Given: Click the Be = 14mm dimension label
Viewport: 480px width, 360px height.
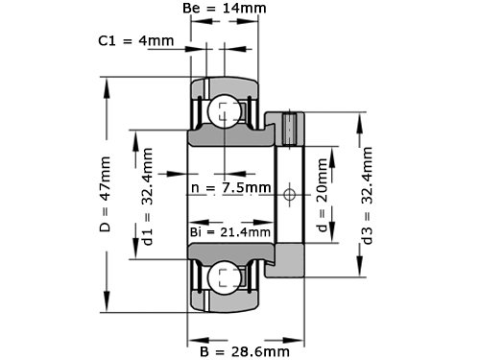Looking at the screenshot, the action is point(225,8).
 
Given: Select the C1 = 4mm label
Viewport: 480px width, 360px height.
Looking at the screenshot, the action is point(136,40).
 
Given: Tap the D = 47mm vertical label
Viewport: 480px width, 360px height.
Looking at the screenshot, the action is point(105,194).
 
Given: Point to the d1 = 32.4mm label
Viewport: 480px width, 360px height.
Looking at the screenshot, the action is point(148,196).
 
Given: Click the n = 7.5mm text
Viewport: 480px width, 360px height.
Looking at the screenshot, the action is point(231,187).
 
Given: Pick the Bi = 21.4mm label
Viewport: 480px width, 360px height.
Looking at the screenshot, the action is point(230,232).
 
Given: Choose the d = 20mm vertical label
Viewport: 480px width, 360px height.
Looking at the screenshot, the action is point(323,195).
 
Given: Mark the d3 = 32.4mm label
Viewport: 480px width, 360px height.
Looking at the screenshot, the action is point(367,196).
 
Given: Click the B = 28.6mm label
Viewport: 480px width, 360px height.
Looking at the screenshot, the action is point(245,351).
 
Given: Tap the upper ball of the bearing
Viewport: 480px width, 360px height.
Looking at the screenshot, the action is point(224,111).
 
